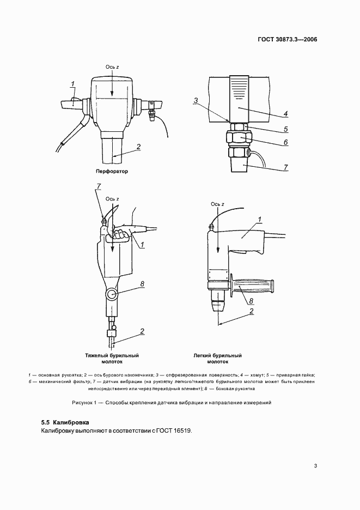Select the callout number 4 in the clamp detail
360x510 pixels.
pyautogui.click(x=285, y=115)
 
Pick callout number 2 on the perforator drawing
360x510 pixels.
pyautogui.click(x=139, y=147)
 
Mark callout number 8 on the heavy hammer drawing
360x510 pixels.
pyautogui.click(x=142, y=283)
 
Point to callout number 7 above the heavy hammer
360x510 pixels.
pyautogui.click(x=99, y=187)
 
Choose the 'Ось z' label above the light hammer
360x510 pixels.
pyautogui.click(x=217, y=204)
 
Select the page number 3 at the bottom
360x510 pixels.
pyautogui.click(x=315, y=465)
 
